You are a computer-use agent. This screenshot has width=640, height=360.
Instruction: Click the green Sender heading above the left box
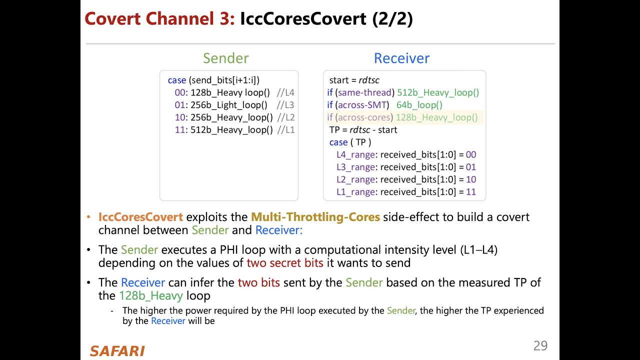(225, 58)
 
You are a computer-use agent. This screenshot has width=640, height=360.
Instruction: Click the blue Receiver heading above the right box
(401, 58)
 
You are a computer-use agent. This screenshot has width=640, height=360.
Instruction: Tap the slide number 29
(540, 345)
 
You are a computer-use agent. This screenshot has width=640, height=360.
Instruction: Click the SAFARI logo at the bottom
(117, 351)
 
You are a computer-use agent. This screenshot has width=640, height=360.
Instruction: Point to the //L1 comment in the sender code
(285, 130)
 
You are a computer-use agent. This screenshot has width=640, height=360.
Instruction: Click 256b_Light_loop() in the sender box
(229, 105)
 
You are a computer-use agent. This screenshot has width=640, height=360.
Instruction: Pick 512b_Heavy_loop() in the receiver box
(438, 92)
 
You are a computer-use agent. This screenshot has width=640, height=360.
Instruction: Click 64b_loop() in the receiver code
(419, 105)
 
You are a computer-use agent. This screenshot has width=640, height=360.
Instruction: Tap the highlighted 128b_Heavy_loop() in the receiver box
(436, 117)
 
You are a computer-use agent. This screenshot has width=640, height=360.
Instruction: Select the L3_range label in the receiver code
(355, 167)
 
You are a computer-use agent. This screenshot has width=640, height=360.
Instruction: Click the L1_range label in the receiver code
(355, 192)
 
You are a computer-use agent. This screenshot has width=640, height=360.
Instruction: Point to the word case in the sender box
(177, 80)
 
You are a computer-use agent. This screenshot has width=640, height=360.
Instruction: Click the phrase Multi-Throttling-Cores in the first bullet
(315, 217)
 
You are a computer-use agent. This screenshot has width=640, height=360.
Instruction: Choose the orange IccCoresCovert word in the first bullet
(140, 217)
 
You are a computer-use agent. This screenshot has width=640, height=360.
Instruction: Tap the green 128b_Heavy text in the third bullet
(150, 295)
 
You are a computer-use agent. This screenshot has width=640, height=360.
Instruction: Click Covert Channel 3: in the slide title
(159, 19)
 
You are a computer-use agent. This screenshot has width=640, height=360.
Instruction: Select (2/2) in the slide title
(392, 19)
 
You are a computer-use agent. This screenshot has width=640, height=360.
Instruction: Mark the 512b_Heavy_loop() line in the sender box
(231, 130)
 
